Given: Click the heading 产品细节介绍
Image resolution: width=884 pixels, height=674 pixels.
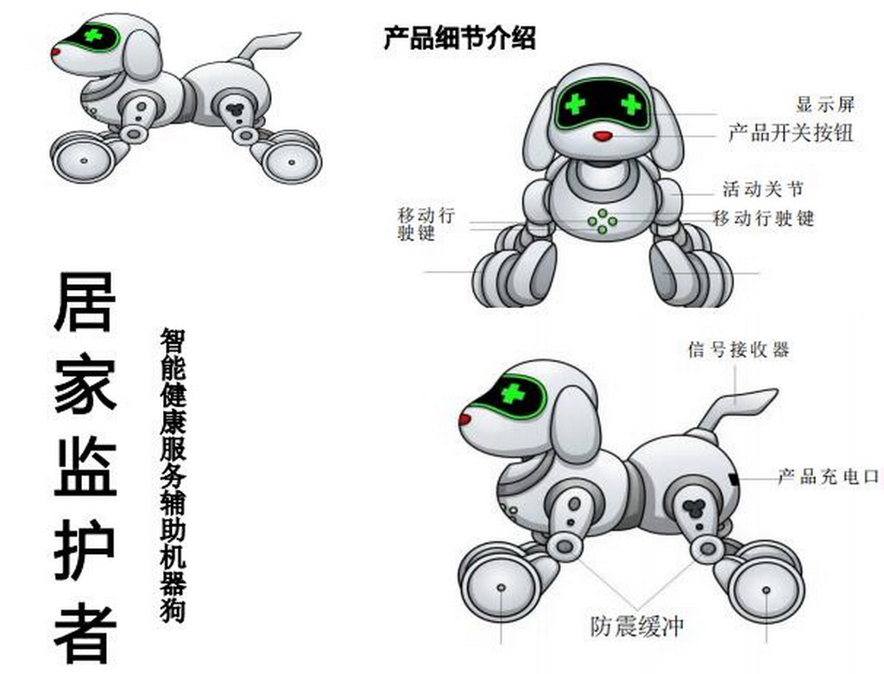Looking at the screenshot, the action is click(459, 38).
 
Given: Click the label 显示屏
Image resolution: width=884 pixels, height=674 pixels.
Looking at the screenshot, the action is click(825, 104).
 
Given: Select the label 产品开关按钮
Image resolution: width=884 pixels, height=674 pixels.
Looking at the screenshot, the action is click(791, 134).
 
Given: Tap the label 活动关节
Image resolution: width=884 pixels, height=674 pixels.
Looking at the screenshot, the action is click(763, 189).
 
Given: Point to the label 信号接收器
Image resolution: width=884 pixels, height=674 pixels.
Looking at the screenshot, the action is click(738, 350).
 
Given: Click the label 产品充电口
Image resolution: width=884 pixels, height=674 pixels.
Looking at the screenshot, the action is click(828, 476).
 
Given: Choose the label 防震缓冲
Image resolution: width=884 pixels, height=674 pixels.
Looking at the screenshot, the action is click(636, 626).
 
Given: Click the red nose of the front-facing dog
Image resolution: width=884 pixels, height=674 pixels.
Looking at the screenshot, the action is click(603, 135).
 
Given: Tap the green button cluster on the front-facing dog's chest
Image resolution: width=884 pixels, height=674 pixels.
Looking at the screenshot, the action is click(602, 221).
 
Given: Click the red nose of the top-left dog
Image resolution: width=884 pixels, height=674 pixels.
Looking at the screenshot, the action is click(56, 52).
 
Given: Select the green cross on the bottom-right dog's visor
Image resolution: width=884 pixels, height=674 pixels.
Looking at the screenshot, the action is click(513, 393).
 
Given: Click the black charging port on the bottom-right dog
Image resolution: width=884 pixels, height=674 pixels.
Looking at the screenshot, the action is click(734, 480).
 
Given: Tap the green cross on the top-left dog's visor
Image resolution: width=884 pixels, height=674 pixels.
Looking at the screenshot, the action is click(92, 35).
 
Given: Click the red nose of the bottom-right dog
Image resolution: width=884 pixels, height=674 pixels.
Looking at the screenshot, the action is click(464, 419).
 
